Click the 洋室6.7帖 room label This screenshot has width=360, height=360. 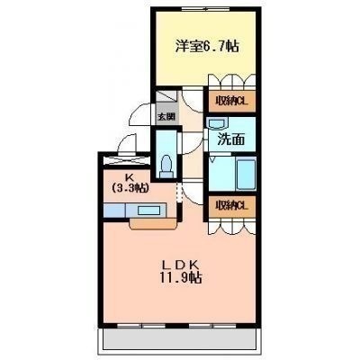[207, 46]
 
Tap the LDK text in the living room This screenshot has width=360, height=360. [181, 265]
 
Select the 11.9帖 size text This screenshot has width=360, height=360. [181, 277]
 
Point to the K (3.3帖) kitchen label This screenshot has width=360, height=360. [130, 183]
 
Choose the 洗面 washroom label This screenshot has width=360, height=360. [231, 139]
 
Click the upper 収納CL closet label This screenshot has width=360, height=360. [231, 101]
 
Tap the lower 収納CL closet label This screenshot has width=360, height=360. [231, 206]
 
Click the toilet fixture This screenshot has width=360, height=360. [166, 166]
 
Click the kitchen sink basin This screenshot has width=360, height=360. [148, 211]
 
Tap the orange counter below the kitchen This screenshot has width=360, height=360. [153, 224]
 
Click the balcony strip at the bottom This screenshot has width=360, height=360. [179, 340]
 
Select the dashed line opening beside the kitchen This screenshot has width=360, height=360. [179, 193]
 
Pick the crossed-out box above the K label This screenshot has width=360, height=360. [126, 161]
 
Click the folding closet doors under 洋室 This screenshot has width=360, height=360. [231, 80]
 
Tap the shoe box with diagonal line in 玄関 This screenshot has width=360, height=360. [166, 96]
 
